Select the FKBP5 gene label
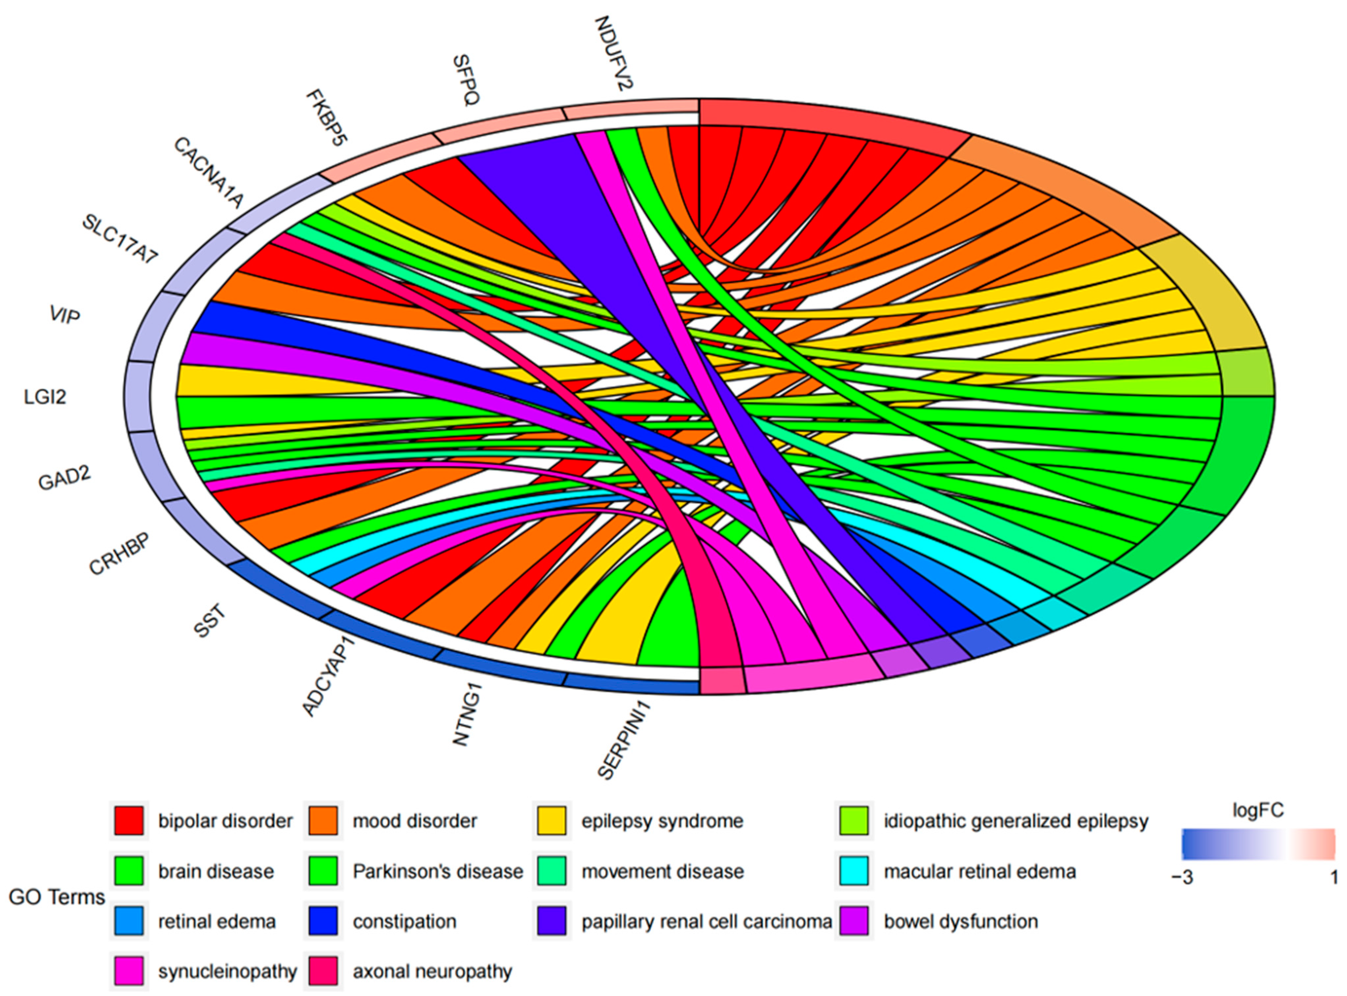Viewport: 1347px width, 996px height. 327,118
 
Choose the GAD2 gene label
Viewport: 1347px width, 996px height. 65,478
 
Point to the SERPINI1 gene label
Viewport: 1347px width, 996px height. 624,739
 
